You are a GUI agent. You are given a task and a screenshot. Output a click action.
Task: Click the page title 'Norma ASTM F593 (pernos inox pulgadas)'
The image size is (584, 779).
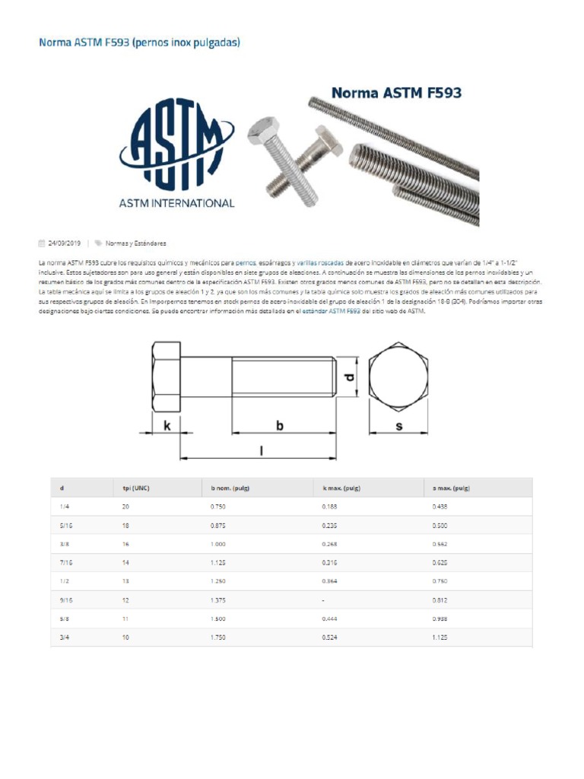point(139,43)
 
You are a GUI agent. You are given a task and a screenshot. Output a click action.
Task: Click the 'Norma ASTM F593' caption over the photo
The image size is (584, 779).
point(395,94)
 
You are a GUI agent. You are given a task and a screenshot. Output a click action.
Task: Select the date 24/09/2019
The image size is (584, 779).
point(64,243)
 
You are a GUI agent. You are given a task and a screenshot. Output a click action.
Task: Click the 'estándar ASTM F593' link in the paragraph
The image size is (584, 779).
point(332,311)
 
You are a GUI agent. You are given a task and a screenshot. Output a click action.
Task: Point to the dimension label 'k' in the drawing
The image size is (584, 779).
point(167,427)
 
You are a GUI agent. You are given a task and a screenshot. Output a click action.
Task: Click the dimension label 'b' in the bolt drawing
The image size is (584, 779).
point(279,427)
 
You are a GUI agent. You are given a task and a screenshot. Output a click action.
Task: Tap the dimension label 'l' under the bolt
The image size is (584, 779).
point(261,450)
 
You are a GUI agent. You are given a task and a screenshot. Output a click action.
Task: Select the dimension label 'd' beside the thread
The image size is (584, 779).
point(349,377)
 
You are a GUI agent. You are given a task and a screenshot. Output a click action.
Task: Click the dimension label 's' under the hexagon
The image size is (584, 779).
point(399,427)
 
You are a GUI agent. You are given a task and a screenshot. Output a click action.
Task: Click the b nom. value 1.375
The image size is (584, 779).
point(218,599)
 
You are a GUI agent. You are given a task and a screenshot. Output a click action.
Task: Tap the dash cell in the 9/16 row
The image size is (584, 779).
point(323,599)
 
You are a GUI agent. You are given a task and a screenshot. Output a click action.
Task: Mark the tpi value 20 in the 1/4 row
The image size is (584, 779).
point(125,506)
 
